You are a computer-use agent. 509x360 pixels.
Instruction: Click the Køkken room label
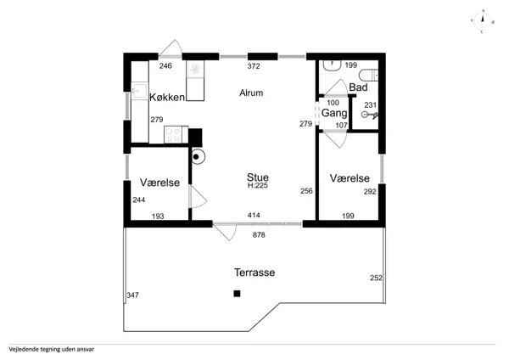[167, 97]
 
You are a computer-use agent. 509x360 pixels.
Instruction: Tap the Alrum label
[251, 93]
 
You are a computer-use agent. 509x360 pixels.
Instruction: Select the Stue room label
[258, 177]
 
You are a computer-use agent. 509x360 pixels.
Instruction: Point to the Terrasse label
[255, 273]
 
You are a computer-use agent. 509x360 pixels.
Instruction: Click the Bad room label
[358, 87]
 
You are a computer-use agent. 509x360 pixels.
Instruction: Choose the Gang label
[334, 113]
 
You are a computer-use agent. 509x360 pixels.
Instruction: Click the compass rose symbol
[483, 22]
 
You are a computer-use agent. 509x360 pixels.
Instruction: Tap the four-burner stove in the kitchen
[176, 134]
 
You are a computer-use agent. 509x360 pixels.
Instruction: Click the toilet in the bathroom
[369, 75]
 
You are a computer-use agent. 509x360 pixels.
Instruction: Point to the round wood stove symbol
[197, 157]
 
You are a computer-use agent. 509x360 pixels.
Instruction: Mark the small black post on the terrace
[237, 294]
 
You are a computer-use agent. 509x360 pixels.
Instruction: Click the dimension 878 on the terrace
[259, 234]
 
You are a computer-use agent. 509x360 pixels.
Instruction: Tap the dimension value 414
[254, 215]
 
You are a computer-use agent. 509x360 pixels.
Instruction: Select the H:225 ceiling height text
[258, 186]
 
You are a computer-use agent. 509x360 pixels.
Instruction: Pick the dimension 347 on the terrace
[133, 295]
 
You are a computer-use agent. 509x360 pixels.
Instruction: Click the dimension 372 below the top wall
[254, 66]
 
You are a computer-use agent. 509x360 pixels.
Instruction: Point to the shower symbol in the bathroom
[370, 115]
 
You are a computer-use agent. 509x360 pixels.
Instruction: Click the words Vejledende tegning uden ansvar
[52, 350]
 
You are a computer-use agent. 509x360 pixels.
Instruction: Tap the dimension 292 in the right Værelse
[370, 192]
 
